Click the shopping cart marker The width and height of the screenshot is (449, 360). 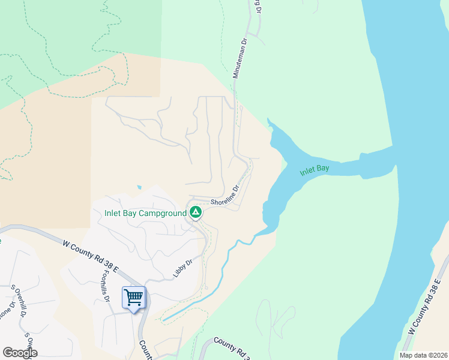coord(133,297)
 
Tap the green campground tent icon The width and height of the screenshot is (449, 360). coord(195,212)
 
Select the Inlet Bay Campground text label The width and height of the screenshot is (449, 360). coord(145,213)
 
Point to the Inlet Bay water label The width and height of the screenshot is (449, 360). coord(315,170)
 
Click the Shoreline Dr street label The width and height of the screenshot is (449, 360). coord(224,195)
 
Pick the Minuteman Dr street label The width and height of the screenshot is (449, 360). coord(240,59)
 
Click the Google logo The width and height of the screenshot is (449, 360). coord(20,353)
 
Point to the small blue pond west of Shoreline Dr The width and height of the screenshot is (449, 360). coord(139,187)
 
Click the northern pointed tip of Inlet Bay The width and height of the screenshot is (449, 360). coord(268,120)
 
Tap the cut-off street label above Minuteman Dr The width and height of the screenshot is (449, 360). coord(257,6)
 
